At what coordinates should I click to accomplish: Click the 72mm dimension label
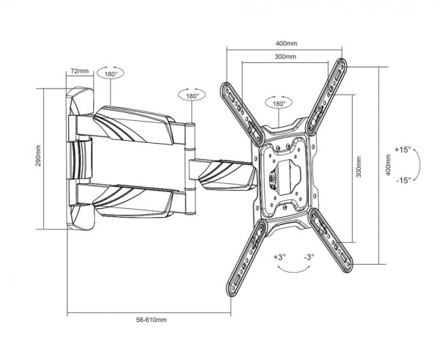click(x=79, y=71)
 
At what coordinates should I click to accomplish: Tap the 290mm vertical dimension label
click(x=38, y=155)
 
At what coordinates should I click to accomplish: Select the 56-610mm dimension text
click(x=151, y=320)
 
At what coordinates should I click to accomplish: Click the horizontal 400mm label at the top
click(x=286, y=43)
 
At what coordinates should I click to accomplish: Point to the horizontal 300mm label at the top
click(x=285, y=56)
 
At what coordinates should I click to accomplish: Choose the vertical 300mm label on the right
click(x=359, y=166)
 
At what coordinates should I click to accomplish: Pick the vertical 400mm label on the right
click(x=389, y=165)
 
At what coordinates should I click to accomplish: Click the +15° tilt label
click(x=403, y=150)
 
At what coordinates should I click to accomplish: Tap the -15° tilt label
click(x=404, y=180)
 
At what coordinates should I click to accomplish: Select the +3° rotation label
click(x=280, y=257)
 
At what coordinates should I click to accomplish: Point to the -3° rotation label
click(x=309, y=257)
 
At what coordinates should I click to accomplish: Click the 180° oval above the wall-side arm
click(x=110, y=73)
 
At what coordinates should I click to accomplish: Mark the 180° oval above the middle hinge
click(x=192, y=95)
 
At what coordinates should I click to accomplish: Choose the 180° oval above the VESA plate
click(x=279, y=103)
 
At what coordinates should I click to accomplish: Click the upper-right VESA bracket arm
click(x=326, y=97)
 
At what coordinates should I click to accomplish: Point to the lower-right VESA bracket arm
click(x=330, y=240)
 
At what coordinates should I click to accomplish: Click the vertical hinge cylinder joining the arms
click(x=190, y=169)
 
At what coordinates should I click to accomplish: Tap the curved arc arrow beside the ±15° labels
click(x=419, y=164)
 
